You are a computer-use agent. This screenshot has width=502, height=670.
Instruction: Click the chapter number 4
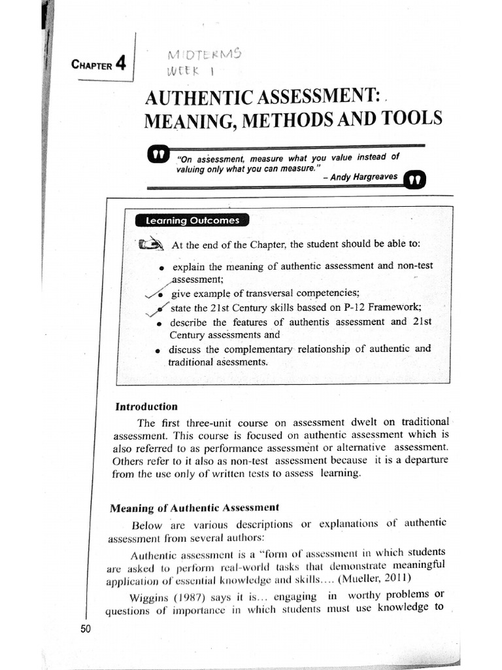120,63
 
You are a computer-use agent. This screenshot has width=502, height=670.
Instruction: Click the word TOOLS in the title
412,118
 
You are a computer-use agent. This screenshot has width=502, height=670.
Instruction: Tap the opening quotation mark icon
159,154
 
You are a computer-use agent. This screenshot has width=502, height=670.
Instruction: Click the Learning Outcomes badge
192,220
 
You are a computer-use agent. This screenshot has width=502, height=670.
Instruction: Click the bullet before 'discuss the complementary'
158,350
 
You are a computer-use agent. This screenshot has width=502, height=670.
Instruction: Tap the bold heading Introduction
146,406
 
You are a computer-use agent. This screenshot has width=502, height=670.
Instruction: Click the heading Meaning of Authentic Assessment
194,507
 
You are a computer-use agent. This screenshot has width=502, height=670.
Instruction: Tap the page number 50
85,629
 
